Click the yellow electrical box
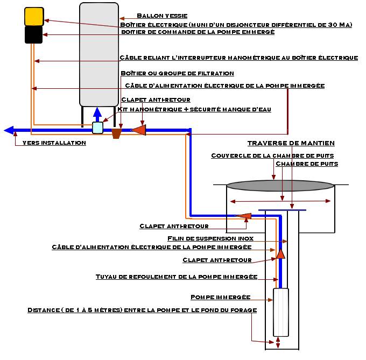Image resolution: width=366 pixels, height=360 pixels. point(34,17)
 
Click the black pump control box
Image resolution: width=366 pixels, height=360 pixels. point(34,35)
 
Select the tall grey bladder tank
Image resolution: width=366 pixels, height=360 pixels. point(99,54)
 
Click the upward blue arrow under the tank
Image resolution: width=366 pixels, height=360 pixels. point(97,115)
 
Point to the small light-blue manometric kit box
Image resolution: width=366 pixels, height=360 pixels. point(97,128)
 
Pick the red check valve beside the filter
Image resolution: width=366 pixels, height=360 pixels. point(139,130)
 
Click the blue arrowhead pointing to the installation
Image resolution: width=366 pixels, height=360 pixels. point(9,130)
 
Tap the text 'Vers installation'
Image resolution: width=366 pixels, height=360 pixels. point(54,143)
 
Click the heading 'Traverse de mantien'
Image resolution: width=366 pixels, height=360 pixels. point(291,143)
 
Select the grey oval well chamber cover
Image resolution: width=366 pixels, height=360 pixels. point(280,185)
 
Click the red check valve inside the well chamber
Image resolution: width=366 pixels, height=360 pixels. point(245,216)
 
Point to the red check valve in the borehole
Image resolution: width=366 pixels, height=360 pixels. point(280,253)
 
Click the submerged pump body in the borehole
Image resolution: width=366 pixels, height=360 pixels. point(281,312)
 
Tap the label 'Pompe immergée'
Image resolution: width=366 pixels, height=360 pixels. point(220,297)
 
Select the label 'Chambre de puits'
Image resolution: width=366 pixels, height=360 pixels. point(306,164)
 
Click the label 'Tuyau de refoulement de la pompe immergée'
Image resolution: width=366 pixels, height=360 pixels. point(176,277)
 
